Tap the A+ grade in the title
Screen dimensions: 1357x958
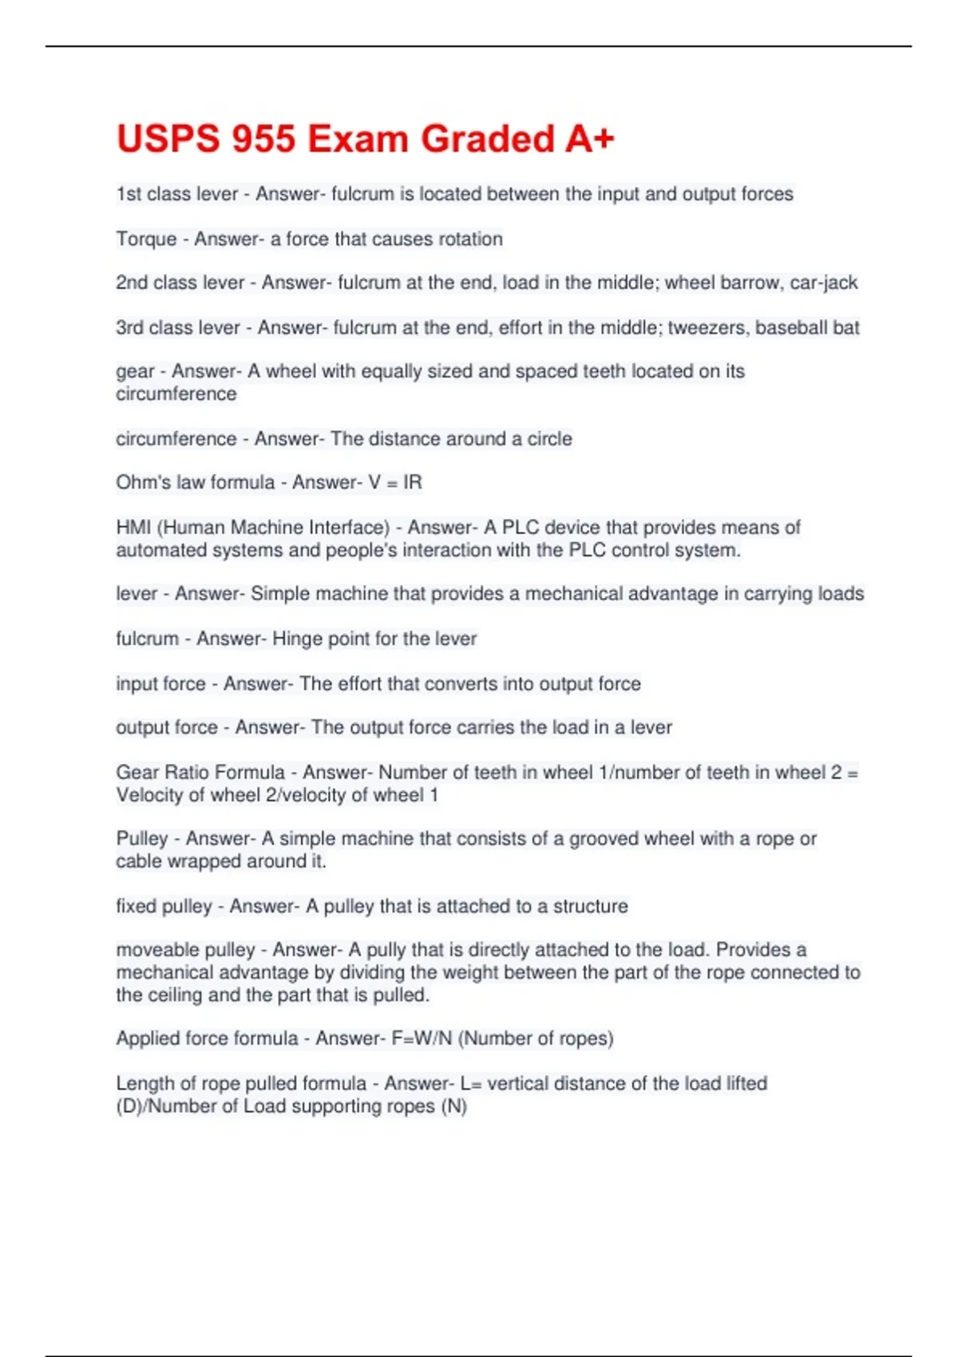(x=590, y=139)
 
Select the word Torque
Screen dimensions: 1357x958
(x=146, y=239)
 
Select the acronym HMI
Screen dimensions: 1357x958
(x=133, y=528)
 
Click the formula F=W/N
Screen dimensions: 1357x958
(x=422, y=1039)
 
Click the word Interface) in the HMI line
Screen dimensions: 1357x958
(x=349, y=528)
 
